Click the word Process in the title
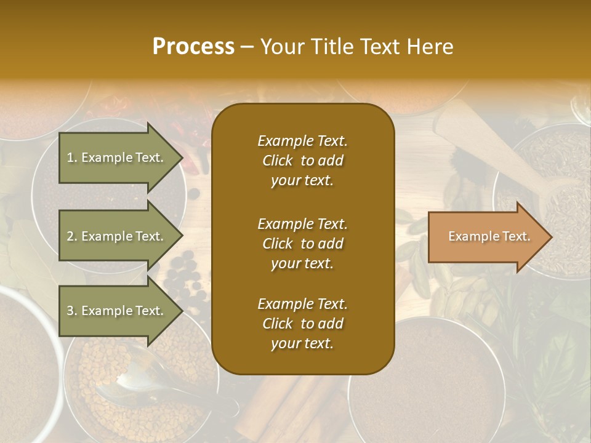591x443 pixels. (x=193, y=47)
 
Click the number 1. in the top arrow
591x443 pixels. (x=72, y=158)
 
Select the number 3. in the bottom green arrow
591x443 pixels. (x=72, y=311)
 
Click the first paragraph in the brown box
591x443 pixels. (x=302, y=161)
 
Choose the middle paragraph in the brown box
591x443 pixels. (x=302, y=244)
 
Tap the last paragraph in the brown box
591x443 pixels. (x=302, y=324)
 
